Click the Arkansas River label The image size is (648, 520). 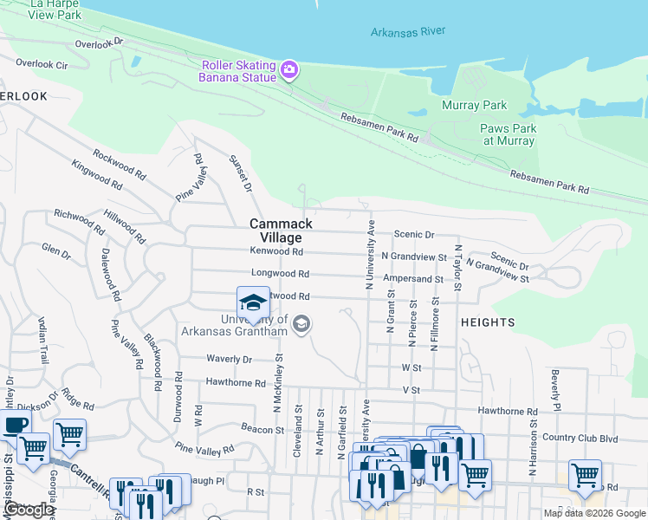click(x=407, y=31)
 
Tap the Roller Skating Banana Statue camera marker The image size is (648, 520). click(x=289, y=69)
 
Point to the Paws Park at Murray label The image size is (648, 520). click(x=509, y=134)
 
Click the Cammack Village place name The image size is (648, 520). click(x=281, y=231)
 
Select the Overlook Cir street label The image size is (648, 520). click(x=43, y=64)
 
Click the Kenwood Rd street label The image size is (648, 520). click(x=276, y=251)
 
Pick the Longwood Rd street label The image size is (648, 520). click(x=280, y=273)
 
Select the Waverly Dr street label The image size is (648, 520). click(x=229, y=359)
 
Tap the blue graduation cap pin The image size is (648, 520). click(x=253, y=303)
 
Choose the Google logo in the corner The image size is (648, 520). click(x=28, y=510)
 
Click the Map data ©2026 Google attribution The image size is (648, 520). click(x=594, y=513)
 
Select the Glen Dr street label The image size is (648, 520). click(x=55, y=252)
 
